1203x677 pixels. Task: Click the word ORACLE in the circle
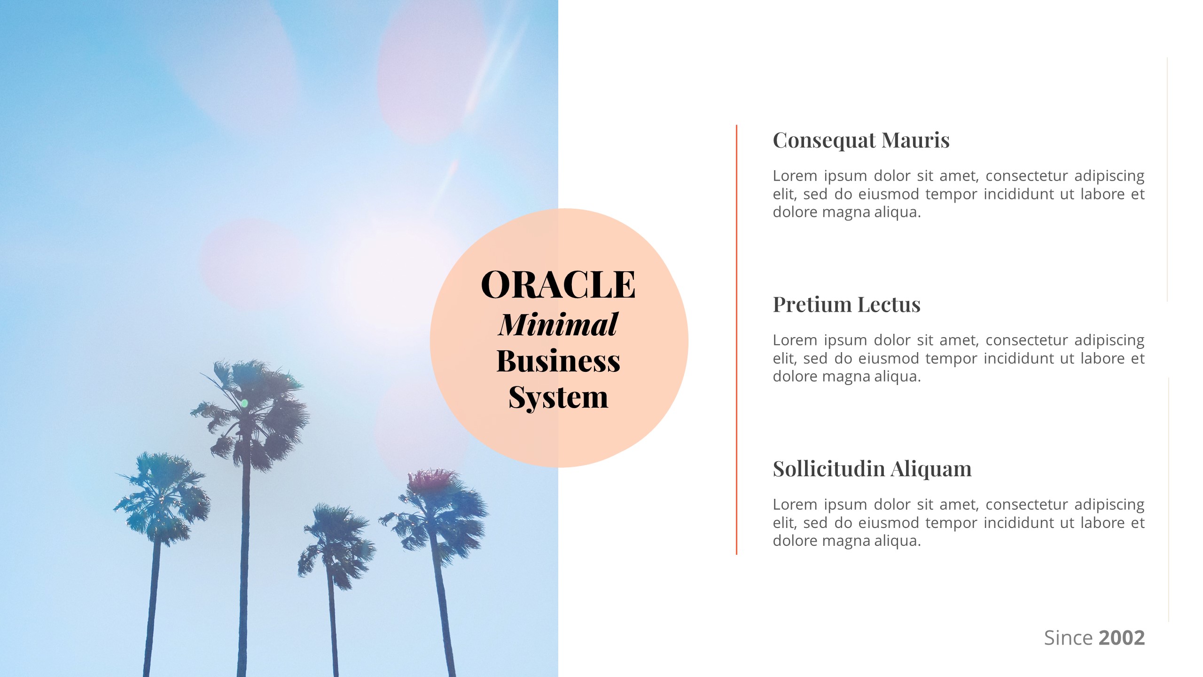click(558, 285)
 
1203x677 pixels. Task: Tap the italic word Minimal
click(558, 324)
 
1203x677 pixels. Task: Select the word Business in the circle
click(558, 361)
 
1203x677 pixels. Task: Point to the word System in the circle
click(558, 398)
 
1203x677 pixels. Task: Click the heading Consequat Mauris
click(861, 141)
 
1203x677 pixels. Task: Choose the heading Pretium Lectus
click(846, 305)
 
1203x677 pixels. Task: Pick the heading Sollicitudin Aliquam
click(872, 469)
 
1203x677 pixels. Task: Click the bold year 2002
click(1122, 638)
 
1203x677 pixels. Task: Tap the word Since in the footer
click(1068, 638)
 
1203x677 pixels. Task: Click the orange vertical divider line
click(736, 338)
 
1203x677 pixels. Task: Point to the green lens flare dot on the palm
click(244, 403)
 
